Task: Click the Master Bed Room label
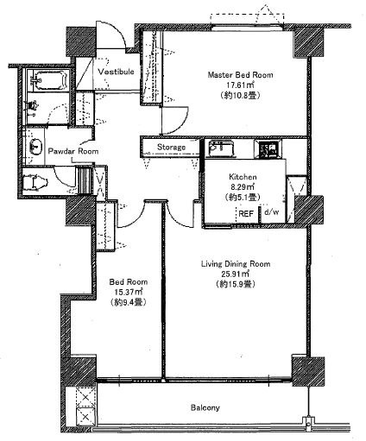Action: click(240, 75)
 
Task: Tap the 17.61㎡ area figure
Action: click(240, 85)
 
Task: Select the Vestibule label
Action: click(116, 72)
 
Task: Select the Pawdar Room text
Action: click(73, 151)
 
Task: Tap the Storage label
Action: click(171, 148)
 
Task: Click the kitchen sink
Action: click(221, 148)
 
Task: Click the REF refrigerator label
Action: click(246, 213)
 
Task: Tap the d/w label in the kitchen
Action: click(272, 212)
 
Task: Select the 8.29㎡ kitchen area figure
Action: click(243, 187)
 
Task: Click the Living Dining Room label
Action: click(236, 264)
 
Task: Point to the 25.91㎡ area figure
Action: click(236, 274)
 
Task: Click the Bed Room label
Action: click(129, 282)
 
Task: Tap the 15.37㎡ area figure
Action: click(129, 293)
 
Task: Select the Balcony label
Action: click(205, 407)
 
